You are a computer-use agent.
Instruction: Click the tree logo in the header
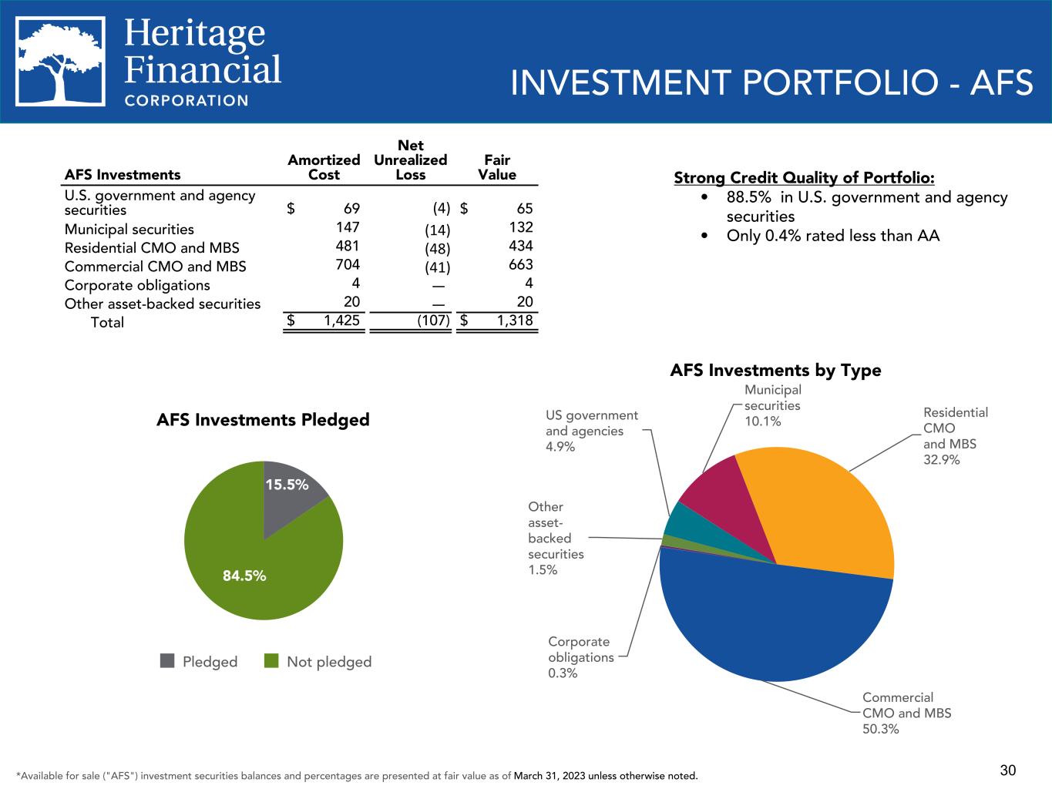tap(61, 62)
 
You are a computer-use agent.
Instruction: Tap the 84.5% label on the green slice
tap(244, 576)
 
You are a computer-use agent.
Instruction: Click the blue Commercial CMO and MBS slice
tap(771, 624)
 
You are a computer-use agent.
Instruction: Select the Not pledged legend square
tap(271, 661)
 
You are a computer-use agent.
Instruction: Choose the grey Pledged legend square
tap(167, 661)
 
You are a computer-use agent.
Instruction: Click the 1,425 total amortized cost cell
tap(341, 321)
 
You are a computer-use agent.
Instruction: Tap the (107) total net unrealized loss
tap(433, 321)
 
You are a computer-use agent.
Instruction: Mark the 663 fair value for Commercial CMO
tap(521, 264)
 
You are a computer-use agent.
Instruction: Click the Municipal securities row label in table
tap(129, 229)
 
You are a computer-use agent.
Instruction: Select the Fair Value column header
tap(497, 167)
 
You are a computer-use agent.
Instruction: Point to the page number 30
tap(1008, 770)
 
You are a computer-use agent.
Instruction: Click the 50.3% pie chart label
tap(881, 729)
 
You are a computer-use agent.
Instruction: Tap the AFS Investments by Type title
tap(775, 371)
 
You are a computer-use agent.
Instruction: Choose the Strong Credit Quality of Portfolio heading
tap(804, 178)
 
